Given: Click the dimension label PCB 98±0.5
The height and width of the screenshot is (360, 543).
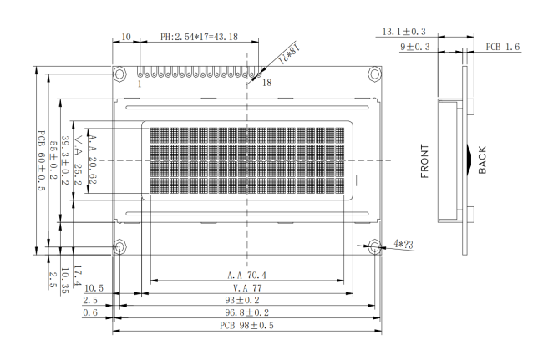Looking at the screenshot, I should pos(246,325).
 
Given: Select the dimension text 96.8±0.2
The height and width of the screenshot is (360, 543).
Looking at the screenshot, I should pos(246,312).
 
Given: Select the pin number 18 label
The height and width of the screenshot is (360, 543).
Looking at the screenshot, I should pos(266,84).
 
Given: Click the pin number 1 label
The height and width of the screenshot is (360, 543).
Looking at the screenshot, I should pos(139,84).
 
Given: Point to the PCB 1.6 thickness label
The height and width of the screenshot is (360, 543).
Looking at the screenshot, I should pos(503,48).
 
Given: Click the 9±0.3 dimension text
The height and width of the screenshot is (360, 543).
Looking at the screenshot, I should pos(415,48).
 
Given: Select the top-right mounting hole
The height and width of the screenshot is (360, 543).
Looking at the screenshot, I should pos(368,74).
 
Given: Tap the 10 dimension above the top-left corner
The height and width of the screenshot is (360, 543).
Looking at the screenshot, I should pos(126,38).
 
